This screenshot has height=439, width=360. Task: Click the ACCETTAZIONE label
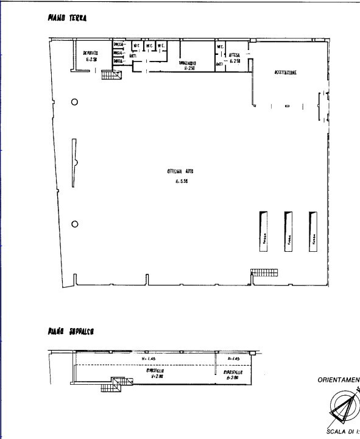click(x=285, y=73)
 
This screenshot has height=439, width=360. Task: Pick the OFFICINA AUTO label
click(x=180, y=172)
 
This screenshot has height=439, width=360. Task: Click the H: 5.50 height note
click(x=180, y=181)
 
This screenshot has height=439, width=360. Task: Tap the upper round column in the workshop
click(x=74, y=102)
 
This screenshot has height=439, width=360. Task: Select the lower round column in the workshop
click(x=74, y=224)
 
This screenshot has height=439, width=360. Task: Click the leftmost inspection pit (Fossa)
click(x=264, y=230)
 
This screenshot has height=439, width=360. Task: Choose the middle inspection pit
click(x=288, y=230)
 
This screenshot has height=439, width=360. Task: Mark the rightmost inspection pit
click(x=313, y=230)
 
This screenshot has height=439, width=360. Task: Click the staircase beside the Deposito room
click(x=111, y=75)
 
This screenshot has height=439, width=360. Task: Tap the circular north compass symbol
click(x=345, y=407)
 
